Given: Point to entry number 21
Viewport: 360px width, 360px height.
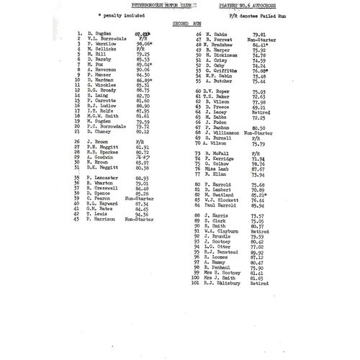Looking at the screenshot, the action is click(x=78, y=132).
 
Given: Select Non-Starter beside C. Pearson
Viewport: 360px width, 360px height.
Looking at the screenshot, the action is click(x=145, y=198).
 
